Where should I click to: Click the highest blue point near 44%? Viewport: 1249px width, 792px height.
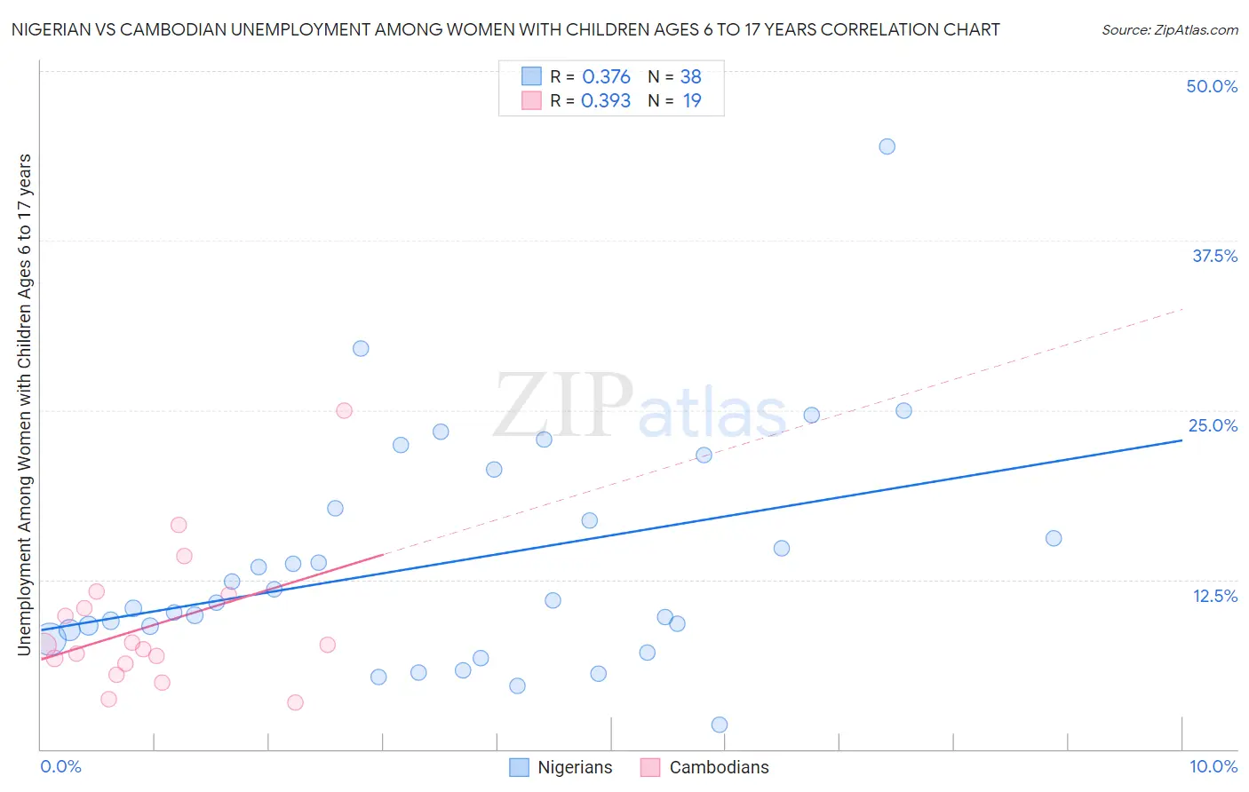click(x=887, y=147)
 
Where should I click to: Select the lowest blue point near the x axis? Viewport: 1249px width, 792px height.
click(x=720, y=725)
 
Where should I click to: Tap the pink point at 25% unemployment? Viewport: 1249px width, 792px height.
click(x=344, y=410)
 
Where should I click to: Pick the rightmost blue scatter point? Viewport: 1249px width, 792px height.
click(x=1054, y=538)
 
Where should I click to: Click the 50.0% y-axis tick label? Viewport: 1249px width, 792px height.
click(x=1212, y=86)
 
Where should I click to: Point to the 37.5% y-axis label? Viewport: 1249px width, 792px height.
click(x=1214, y=256)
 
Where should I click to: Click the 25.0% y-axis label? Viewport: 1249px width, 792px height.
click(x=1213, y=425)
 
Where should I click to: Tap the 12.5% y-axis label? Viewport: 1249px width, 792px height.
click(x=1214, y=596)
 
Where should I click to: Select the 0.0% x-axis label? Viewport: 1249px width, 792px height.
click(x=60, y=766)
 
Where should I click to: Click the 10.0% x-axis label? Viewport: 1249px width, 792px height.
click(x=1213, y=766)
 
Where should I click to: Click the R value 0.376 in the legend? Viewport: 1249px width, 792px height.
click(x=606, y=76)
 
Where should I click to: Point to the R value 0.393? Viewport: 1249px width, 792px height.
click(x=606, y=100)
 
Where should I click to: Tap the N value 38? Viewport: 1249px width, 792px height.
click(x=690, y=76)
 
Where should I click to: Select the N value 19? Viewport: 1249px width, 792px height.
click(x=692, y=100)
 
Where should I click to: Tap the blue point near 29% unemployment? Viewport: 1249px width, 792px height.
click(x=361, y=348)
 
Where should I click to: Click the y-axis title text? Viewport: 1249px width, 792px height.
click(x=24, y=405)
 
